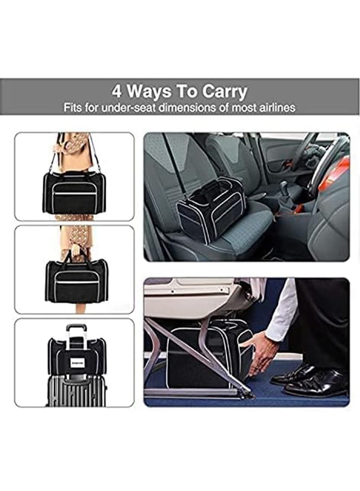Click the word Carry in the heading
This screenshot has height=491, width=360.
click(x=224, y=92)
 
